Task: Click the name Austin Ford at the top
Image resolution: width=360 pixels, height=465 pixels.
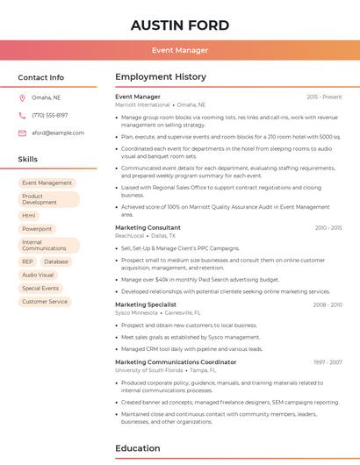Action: [x=180, y=25]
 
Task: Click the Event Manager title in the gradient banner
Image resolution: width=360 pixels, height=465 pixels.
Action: [x=180, y=50]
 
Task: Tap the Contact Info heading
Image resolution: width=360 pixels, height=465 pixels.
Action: [x=41, y=77]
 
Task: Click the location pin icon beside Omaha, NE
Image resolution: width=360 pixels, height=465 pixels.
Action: [x=22, y=98]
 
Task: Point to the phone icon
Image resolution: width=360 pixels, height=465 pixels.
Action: [x=22, y=115]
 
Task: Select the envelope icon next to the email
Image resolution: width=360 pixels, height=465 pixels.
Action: [x=22, y=133]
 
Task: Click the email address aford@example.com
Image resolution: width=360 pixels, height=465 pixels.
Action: [x=58, y=133]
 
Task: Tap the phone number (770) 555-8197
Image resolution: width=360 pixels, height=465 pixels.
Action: [x=50, y=115]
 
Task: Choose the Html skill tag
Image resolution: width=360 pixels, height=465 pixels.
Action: [x=29, y=215]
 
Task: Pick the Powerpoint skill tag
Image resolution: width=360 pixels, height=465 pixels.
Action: [x=37, y=229]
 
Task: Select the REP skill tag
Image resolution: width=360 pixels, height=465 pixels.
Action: [x=27, y=261]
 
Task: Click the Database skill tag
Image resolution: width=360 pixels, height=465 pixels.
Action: [x=55, y=261]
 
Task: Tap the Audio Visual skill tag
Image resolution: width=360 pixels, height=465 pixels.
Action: [x=38, y=275]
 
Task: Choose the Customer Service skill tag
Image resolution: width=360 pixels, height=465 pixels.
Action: [x=45, y=302]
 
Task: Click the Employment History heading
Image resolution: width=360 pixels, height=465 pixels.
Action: [x=160, y=77]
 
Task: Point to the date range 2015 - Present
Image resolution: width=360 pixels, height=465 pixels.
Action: [x=324, y=97]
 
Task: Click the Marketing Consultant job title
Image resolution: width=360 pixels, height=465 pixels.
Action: [x=148, y=227]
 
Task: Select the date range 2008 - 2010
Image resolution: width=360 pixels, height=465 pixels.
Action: [x=327, y=304]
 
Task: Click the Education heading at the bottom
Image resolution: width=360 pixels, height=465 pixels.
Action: [x=137, y=448]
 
